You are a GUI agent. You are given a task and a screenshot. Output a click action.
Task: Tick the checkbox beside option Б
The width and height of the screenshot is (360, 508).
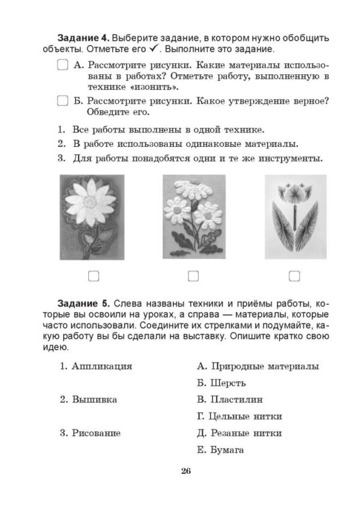[62, 101]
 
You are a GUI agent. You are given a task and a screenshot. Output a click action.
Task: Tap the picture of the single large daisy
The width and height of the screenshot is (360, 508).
[92, 217]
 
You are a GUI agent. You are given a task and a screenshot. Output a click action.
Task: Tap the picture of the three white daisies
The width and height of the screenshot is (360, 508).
[194, 217]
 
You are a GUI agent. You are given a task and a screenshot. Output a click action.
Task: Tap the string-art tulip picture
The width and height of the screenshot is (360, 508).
[296, 217]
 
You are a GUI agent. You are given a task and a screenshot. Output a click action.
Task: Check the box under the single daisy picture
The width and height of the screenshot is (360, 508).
[93, 276]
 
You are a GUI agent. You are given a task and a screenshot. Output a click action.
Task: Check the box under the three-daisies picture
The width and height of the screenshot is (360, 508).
[193, 276]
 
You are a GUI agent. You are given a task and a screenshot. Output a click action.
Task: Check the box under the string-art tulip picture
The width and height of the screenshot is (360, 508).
[294, 276]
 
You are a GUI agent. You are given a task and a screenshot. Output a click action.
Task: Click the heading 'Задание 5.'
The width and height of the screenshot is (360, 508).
[83, 302]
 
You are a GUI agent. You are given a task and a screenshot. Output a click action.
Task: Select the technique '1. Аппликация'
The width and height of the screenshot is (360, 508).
[96, 366]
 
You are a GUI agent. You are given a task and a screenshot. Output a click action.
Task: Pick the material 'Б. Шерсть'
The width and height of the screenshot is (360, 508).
[221, 383]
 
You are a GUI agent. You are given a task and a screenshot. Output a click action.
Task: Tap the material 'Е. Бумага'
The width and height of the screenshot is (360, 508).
[220, 450]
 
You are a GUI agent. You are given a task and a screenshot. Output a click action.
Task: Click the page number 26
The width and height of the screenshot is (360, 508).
[185, 471]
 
